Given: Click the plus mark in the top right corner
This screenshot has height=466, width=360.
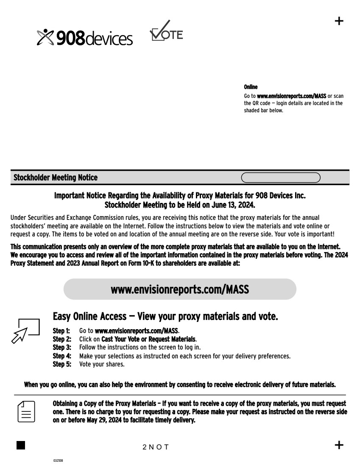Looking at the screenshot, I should pyautogui.click(x=339, y=21).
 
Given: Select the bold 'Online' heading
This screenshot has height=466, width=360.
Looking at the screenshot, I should pyautogui.click(x=251, y=87).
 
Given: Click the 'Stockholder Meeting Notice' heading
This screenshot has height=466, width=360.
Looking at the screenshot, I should pyautogui.click(x=56, y=178).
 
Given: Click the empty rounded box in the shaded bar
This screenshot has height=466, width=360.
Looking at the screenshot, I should pyautogui.click(x=280, y=178).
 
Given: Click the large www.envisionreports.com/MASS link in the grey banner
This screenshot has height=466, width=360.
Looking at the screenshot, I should pyautogui.click(x=180, y=289).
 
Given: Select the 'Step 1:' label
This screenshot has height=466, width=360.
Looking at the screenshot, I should pyautogui.click(x=61, y=330).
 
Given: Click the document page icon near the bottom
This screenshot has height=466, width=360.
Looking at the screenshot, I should pyautogui.click(x=26, y=411).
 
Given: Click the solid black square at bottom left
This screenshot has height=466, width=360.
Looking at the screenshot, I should pyautogui.click(x=21, y=445).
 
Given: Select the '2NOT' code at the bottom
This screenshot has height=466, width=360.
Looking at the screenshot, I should pyautogui.click(x=156, y=447).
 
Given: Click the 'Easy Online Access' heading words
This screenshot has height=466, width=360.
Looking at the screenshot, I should pyautogui.click(x=89, y=316).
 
